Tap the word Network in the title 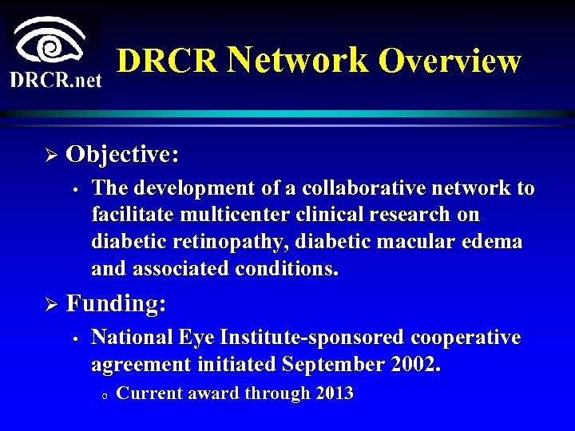(298, 60)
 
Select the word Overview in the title (450, 61)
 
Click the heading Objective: (122, 153)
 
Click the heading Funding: (117, 303)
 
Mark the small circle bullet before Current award (105, 395)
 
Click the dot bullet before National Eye (73, 339)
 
